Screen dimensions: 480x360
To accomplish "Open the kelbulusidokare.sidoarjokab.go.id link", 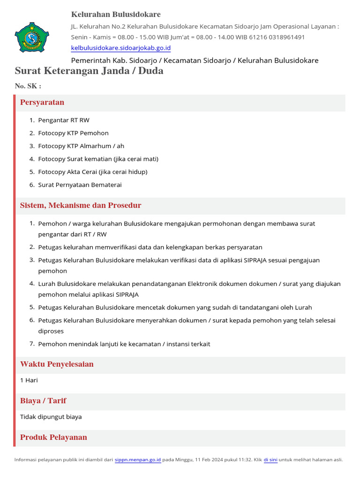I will [x=120, y=48].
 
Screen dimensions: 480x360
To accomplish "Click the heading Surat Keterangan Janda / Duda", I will [x=89, y=71].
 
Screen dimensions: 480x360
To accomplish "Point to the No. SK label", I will [x=28, y=86].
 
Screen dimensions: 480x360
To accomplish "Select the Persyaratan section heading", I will [x=42, y=102].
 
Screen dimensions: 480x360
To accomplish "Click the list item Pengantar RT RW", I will [x=64, y=120].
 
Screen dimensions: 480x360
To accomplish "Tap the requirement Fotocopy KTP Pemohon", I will [x=73, y=133].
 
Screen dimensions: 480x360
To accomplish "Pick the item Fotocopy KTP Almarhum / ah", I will [x=81, y=146].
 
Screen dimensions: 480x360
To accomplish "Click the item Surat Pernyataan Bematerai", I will [x=80, y=185].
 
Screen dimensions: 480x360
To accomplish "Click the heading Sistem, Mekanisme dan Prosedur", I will [x=81, y=205].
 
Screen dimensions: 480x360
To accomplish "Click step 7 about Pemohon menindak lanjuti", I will [x=124, y=344].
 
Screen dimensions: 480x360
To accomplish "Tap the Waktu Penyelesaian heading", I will [x=57, y=364].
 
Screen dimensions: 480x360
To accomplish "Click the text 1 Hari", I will [x=29, y=380].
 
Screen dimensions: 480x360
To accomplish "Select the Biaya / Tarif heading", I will [x=43, y=401].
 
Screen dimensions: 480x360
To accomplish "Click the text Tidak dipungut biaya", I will [x=51, y=417].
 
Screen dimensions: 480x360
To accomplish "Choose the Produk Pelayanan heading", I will [x=53, y=437].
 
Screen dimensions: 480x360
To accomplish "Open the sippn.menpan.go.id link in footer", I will [x=138, y=460].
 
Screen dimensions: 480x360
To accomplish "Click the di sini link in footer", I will [x=270, y=460].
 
